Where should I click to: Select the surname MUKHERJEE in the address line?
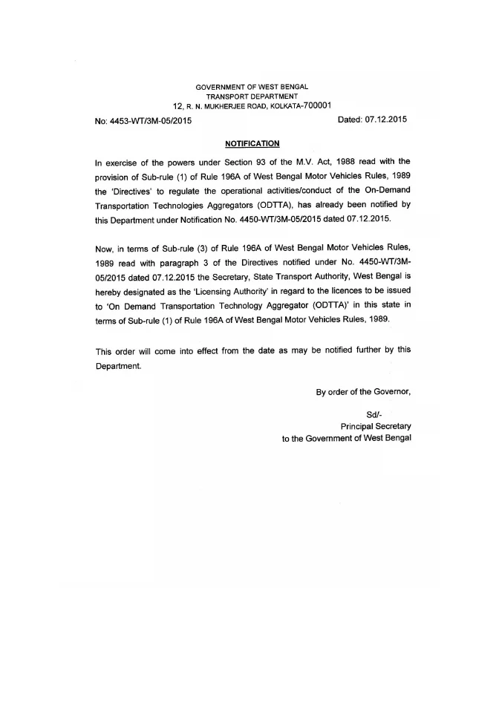click(232, 106)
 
